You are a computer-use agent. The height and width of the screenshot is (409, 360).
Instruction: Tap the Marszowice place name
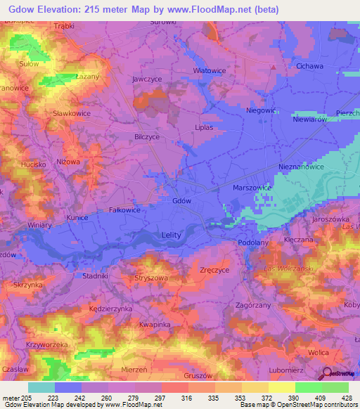[x=252, y=188]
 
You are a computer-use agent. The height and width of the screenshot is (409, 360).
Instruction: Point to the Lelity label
[x=171, y=235]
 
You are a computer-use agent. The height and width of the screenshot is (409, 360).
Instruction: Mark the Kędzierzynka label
[x=111, y=309]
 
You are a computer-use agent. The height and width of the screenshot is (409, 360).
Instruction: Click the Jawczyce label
[x=148, y=79]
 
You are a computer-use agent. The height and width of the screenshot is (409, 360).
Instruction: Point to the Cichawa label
[x=309, y=66]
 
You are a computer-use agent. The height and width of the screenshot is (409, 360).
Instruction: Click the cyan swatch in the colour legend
[x=41, y=387]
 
